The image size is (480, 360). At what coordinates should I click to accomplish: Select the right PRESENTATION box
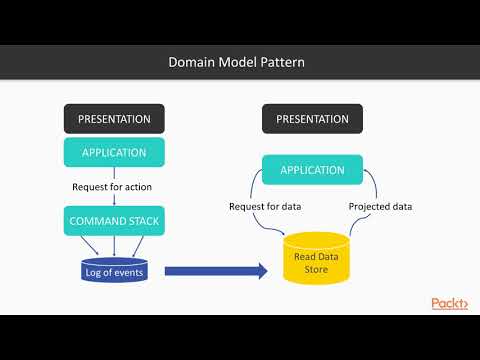[312, 119]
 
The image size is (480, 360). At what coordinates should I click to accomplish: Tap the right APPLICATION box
[312, 170]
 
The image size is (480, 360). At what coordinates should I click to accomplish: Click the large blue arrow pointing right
[216, 270]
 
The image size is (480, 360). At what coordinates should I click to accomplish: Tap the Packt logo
[449, 303]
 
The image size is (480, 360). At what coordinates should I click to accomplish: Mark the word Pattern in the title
[284, 63]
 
